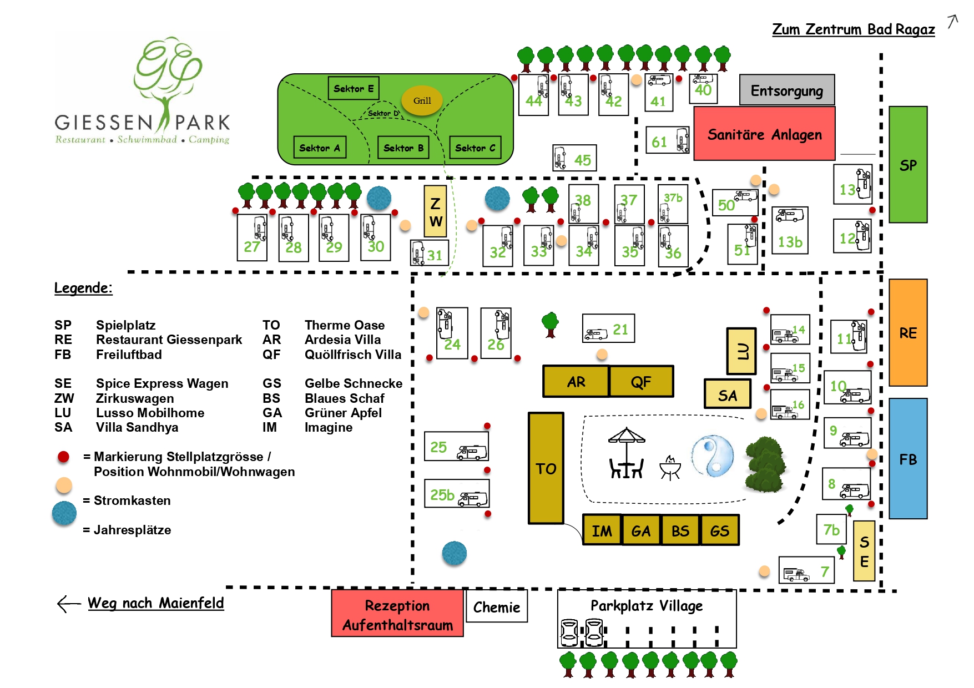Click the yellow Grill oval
422,100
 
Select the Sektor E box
354,88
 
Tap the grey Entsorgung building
786,90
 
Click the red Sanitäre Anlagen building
764,134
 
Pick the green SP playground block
908,165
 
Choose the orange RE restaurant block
908,332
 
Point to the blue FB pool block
908,459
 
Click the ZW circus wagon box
436,211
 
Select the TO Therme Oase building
546,468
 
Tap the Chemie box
497,606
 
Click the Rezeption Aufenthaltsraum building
397,615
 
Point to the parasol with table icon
627,453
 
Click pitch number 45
574,159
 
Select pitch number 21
608,328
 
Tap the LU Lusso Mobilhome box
741,351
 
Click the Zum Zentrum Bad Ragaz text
853,29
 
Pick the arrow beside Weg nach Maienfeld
69,604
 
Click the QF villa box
641,381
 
